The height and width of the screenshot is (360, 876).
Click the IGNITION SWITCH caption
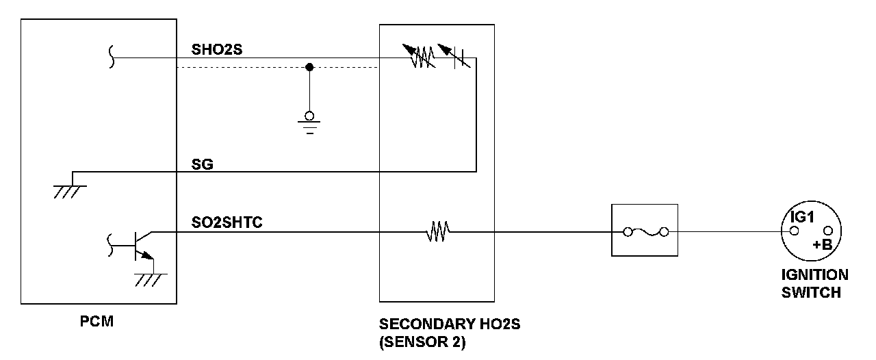point(814,283)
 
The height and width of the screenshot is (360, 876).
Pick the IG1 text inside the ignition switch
point(801,217)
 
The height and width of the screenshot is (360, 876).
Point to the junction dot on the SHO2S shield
point(309,67)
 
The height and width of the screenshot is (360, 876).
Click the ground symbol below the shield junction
point(309,123)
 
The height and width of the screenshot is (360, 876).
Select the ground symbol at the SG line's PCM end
point(66,190)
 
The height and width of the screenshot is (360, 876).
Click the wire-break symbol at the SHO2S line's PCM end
point(113,58)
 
